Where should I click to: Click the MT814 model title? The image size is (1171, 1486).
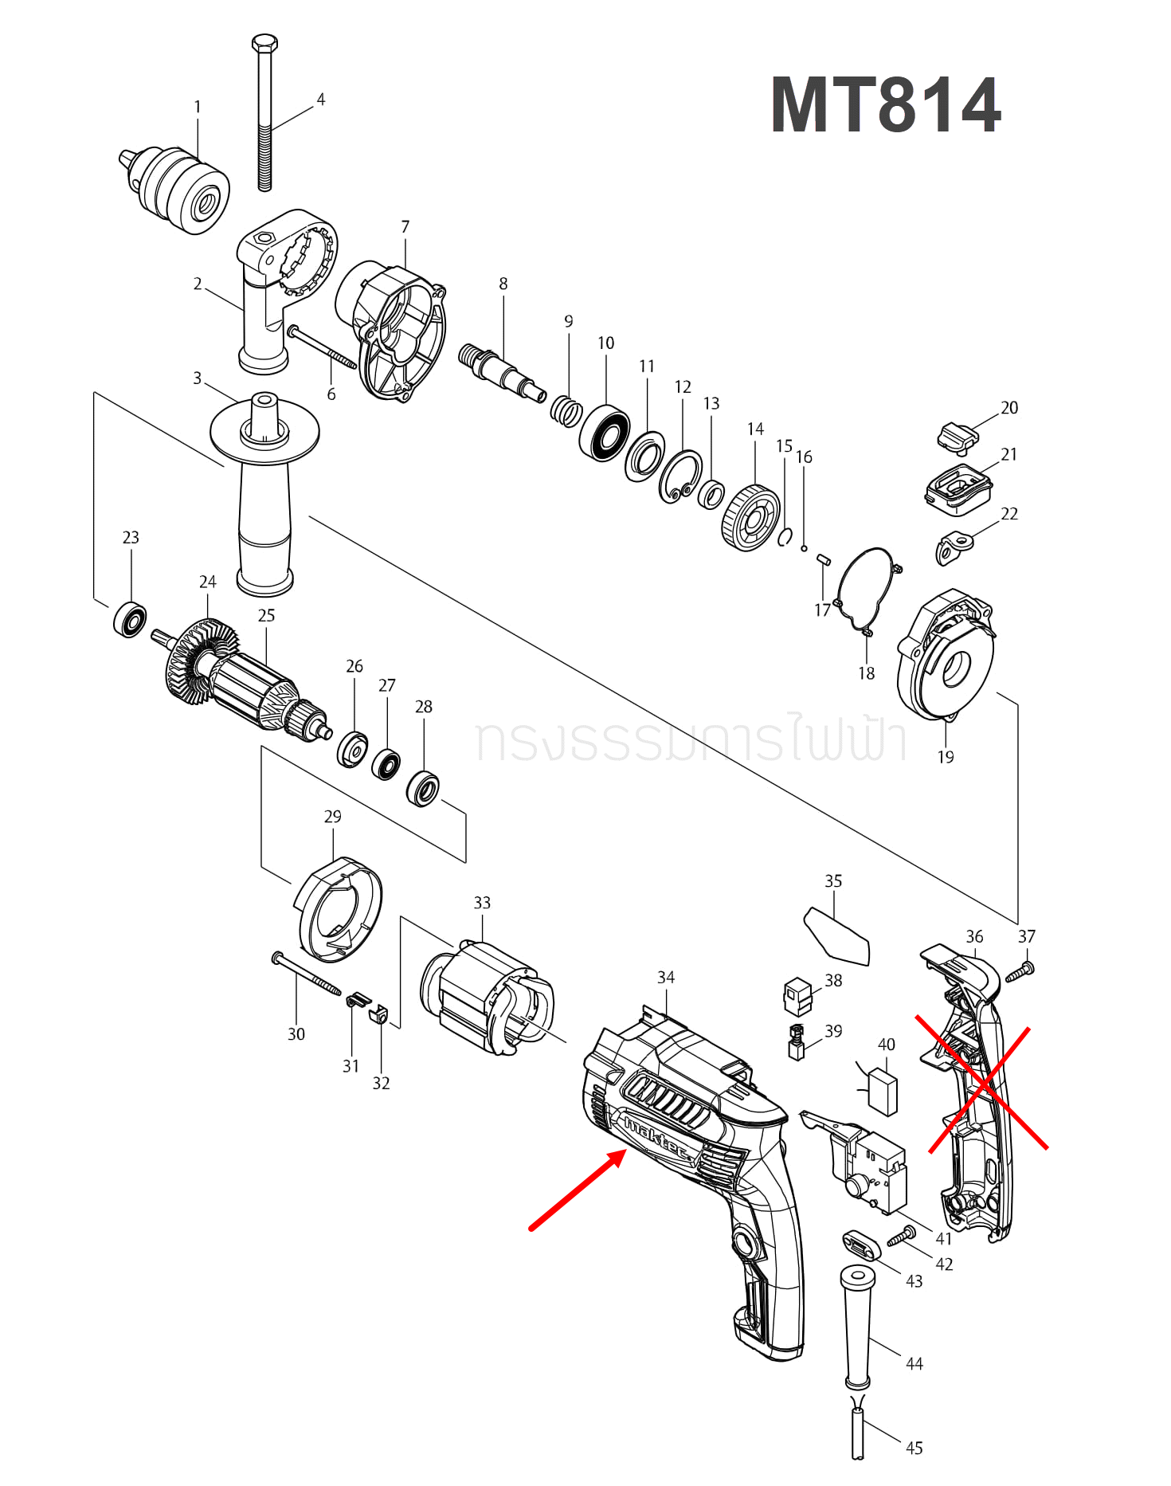885,105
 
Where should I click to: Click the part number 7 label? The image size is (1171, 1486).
405,227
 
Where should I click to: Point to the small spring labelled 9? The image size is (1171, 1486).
566,410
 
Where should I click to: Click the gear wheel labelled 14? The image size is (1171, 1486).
750,518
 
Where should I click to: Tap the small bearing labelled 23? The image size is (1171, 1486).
130,620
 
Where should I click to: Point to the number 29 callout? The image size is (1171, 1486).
332,817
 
